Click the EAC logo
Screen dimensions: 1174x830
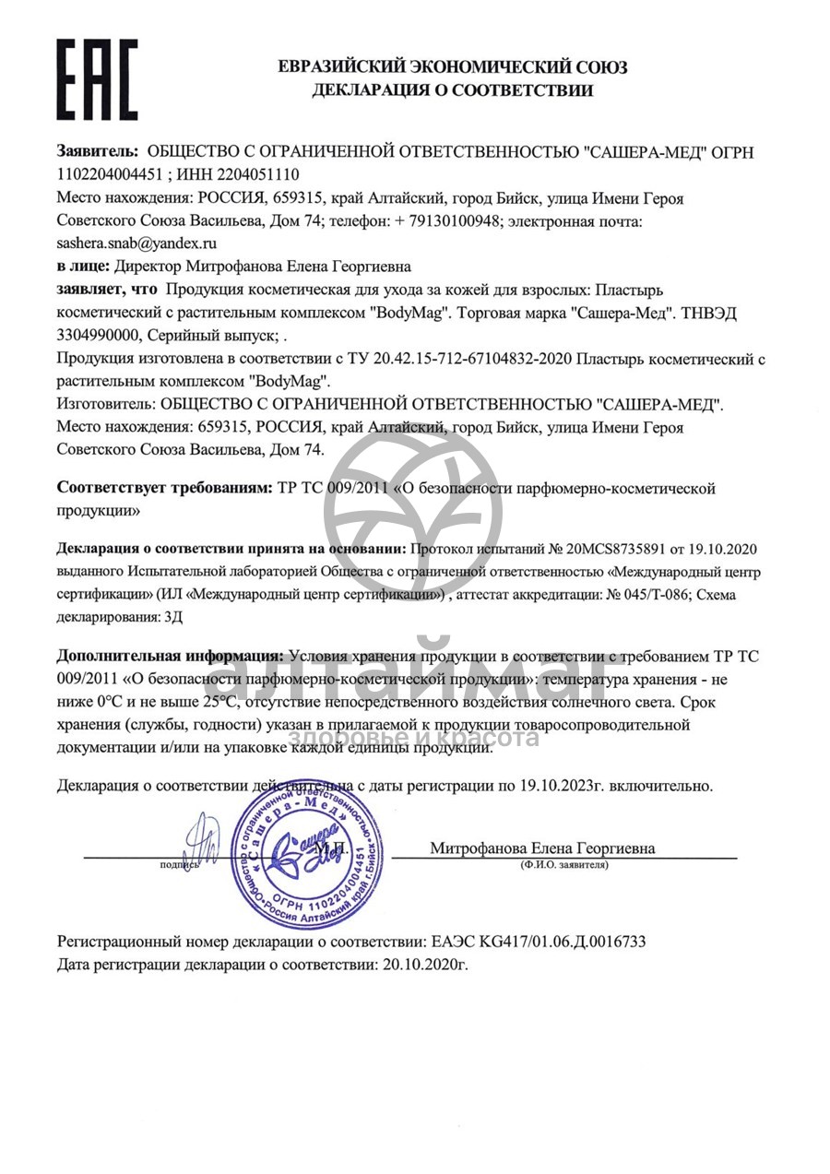pyautogui.click(x=98, y=79)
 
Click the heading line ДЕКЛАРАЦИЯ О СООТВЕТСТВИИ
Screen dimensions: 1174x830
pyautogui.click(x=452, y=90)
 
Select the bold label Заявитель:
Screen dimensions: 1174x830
pyautogui.click(x=98, y=152)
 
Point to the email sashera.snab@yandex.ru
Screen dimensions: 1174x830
pyautogui.click(x=136, y=243)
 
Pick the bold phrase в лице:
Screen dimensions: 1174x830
pyautogui.click(x=83, y=267)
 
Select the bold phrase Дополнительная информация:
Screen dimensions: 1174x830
pyautogui.click(x=171, y=657)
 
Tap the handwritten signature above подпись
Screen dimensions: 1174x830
pyautogui.click(x=201, y=839)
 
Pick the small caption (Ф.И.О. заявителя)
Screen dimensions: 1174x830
pyautogui.click(x=563, y=866)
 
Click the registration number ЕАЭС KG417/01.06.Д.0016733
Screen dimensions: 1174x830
pyautogui.click(x=539, y=943)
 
